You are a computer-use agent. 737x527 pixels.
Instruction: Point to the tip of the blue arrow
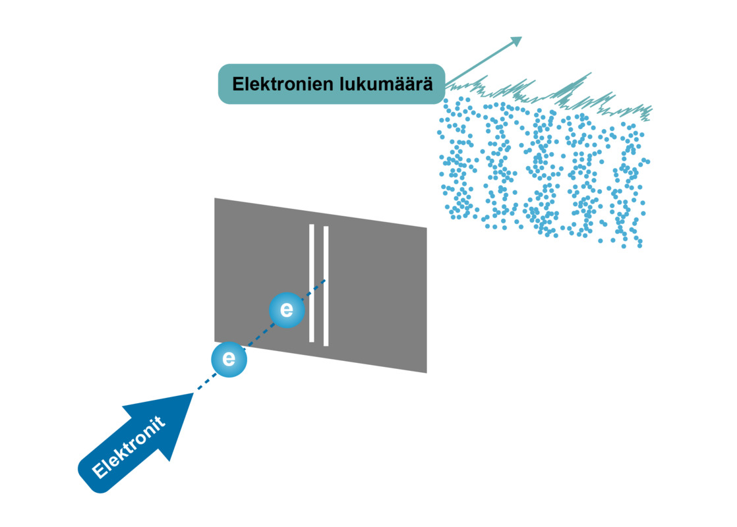click(x=192, y=394)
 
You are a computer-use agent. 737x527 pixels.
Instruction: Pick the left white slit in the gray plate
click(x=312, y=283)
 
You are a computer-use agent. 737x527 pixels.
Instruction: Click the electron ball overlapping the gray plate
click(x=287, y=310)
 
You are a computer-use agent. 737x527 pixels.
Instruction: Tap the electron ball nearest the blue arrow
click(x=229, y=360)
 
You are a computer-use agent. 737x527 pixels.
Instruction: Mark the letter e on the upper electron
click(x=287, y=310)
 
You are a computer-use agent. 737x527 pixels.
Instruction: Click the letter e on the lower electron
click(x=229, y=360)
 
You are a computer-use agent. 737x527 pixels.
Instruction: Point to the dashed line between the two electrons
click(x=258, y=335)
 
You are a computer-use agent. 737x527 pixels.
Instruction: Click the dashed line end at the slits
click(x=324, y=280)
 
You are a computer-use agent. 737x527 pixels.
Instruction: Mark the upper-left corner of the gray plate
click(x=216, y=199)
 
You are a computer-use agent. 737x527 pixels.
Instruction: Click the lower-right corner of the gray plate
click(x=426, y=372)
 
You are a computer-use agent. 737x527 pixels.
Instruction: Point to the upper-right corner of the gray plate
click(x=426, y=229)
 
